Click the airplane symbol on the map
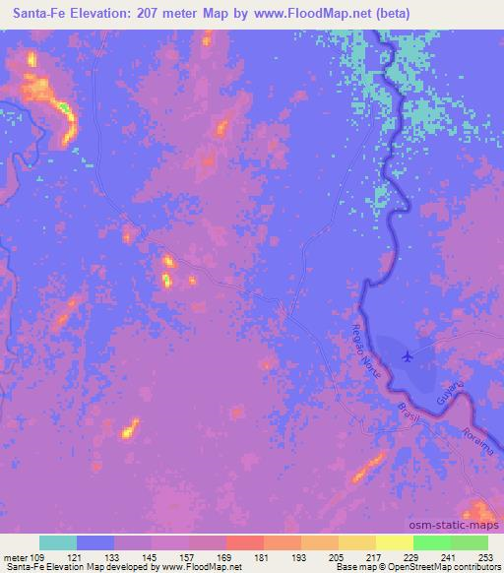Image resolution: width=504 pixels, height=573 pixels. click(408, 355)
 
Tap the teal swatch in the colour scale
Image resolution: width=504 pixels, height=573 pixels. click(58, 542)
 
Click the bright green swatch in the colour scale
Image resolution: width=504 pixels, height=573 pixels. click(431, 542)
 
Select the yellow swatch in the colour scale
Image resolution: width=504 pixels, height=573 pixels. click(356, 542)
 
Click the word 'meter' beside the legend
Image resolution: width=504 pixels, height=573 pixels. click(17, 557)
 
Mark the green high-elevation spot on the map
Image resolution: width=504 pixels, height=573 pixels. click(63, 106)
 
